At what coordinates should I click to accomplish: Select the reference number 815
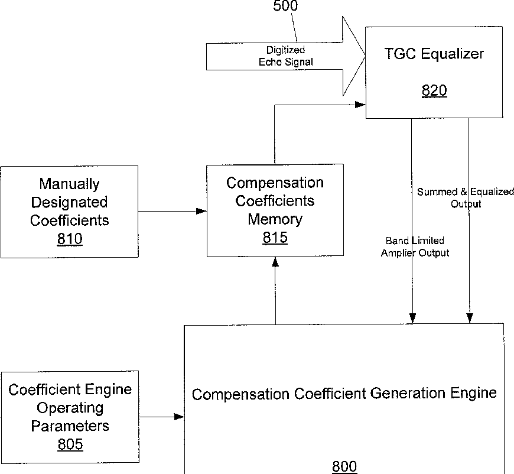[x=275, y=238]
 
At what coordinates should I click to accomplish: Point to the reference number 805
[x=70, y=444]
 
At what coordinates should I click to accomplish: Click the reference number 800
[x=344, y=466]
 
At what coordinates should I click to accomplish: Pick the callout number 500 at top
[x=285, y=7]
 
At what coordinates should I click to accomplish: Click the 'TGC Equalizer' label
[x=434, y=54]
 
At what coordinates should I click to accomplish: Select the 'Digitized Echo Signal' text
[x=286, y=56]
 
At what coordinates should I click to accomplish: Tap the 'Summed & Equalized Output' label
[x=466, y=198]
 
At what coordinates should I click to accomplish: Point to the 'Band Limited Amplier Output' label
[x=415, y=247]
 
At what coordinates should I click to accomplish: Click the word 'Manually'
[x=70, y=184]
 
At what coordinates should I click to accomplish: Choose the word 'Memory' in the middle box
[x=275, y=219]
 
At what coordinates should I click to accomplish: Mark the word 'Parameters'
[x=70, y=426]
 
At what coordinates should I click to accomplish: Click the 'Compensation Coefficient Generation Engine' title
[x=344, y=394]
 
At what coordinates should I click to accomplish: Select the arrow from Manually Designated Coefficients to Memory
[x=172, y=211]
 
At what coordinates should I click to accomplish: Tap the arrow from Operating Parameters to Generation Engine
[x=161, y=417]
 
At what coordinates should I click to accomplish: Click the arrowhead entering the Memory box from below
[x=275, y=262]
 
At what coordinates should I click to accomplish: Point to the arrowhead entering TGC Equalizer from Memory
[x=360, y=105]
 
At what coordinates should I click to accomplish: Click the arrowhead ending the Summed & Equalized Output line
[x=469, y=319]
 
